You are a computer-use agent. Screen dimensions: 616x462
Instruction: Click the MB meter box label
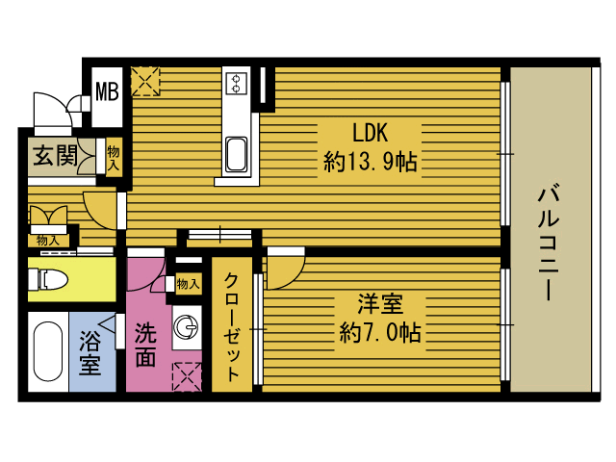coord(107,91)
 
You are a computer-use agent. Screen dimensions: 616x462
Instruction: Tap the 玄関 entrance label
coord(56,156)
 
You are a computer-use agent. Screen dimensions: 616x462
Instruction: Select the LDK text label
coord(370,133)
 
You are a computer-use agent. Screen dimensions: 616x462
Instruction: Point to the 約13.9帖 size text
coord(370,162)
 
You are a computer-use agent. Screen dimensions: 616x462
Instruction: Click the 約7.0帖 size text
coord(379,332)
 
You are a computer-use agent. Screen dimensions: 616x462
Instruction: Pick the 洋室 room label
coord(380,304)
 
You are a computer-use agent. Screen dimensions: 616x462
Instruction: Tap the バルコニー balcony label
coord(549,243)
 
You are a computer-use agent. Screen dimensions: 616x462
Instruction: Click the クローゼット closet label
coord(232,327)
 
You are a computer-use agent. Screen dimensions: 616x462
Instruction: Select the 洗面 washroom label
coord(145,345)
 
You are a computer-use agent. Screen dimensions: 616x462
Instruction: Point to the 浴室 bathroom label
coord(90,353)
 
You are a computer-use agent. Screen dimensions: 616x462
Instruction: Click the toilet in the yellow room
coord(48,279)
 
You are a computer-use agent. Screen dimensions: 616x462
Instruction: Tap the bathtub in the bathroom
coord(48,351)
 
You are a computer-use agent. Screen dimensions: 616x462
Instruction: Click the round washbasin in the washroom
coord(186,327)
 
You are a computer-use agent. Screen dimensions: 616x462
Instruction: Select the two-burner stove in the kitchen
coord(236,84)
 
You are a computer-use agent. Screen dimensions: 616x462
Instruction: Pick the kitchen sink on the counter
coord(236,154)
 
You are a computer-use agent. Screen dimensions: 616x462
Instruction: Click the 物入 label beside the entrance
coord(114,158)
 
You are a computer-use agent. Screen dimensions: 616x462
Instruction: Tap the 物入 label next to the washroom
coord(189,283)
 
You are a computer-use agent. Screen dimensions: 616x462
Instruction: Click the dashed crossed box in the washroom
coord(187,376)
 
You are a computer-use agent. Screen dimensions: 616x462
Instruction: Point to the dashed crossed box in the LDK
coord(145,81)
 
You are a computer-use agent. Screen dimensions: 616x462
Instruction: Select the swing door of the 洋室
coord(286,269)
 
